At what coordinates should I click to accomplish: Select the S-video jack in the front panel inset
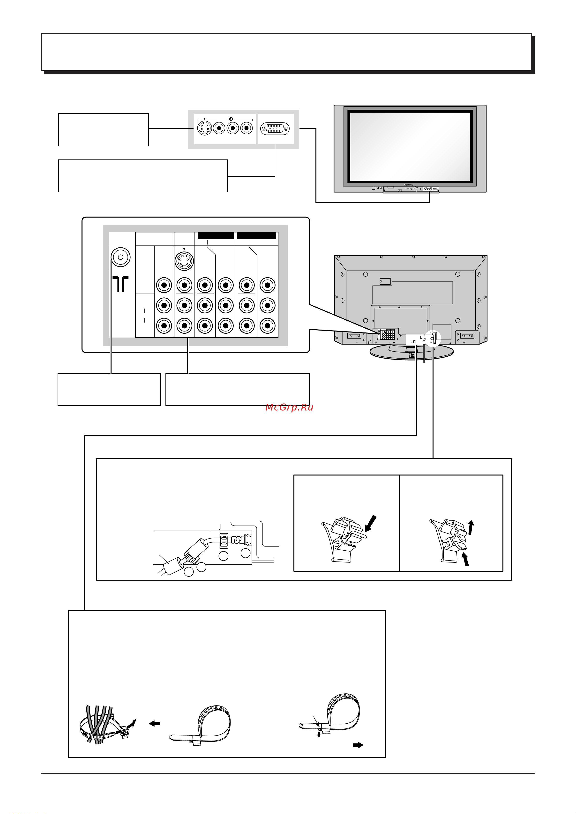[204, 128]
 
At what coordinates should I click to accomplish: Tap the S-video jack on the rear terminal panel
[184, 261]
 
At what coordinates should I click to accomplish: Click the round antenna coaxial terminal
[121, 257]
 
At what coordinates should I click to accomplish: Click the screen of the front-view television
[410, 146]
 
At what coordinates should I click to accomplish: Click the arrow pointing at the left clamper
[370, 524]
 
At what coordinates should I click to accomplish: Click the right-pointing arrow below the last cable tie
[358, 745]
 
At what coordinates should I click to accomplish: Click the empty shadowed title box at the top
[286, 52]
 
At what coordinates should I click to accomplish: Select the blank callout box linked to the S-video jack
[103, 130]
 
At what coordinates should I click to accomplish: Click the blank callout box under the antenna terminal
[109, 389]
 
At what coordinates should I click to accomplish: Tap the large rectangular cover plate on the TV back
[412, 293]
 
